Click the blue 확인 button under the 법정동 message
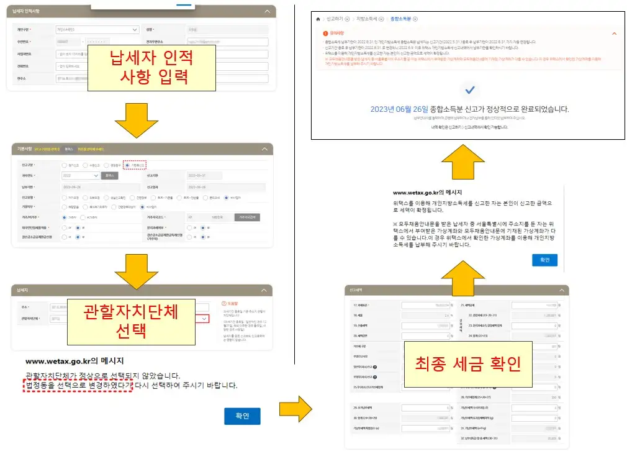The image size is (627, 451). (242, 416)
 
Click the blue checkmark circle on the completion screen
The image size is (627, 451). (469, 90)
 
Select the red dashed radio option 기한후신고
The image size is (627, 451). (135, 165)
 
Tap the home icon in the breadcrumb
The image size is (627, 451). (318, 19)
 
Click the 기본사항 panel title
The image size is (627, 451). (25, 149)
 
